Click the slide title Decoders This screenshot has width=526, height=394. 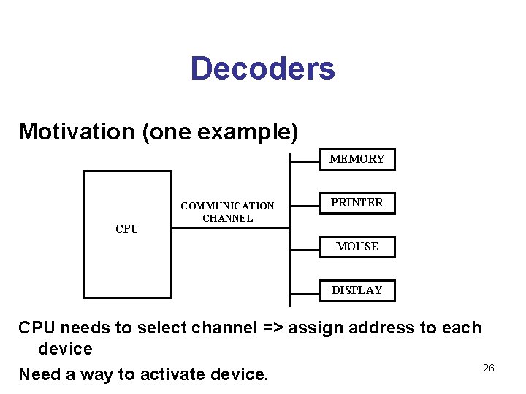262,69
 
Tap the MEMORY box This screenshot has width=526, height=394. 357,159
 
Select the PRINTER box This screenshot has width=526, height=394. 357,203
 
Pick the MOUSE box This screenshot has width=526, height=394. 357,247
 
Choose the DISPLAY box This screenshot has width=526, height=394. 357,290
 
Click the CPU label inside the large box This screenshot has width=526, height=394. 127,228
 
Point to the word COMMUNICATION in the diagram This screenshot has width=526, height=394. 227,206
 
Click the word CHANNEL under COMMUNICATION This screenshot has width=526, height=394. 227,218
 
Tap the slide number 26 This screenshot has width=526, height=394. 489,368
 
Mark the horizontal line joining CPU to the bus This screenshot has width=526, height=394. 231,228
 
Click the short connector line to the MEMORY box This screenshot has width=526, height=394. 305,160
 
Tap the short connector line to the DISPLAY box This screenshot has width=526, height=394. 305,291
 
